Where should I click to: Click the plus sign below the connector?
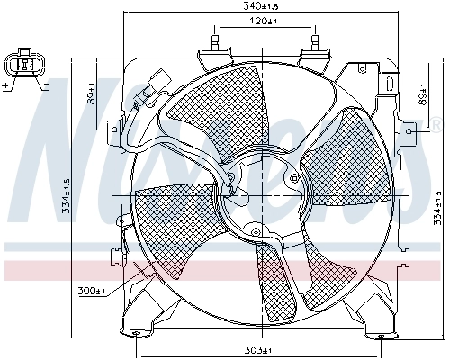tap(6, 85)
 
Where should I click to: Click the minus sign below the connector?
tap(43, 85)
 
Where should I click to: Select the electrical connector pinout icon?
tap(25, 65)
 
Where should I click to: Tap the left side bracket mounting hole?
tap(112, 130)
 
